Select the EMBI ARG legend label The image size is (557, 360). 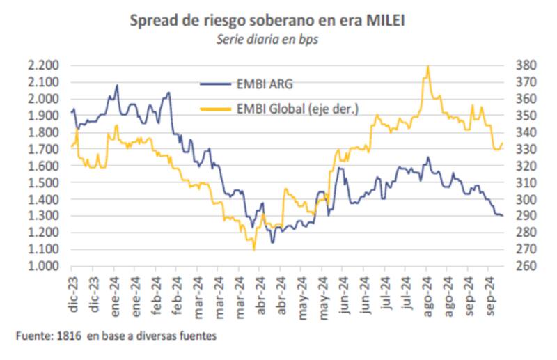click(x=265, y=85)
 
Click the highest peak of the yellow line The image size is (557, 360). click(x=427, y=66)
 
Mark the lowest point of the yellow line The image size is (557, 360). click(x=254, y=249)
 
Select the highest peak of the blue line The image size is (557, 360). click(x=117, y=86)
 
